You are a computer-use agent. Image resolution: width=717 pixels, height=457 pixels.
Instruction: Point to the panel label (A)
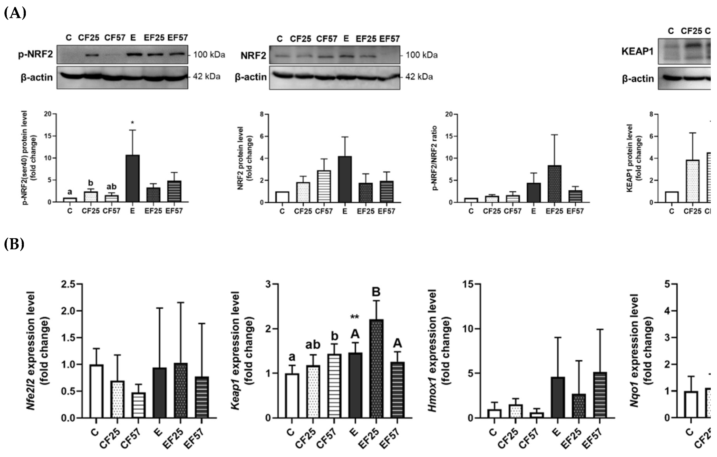click(15, 13)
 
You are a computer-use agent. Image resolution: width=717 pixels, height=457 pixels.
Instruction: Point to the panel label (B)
click(14, 244)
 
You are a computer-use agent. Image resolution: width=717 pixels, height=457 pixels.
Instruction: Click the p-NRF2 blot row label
click(35, 55)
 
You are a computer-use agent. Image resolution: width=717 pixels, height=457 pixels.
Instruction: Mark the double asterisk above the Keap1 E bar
click(354, 317)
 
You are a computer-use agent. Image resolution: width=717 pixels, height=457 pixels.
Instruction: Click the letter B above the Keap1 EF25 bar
click(376, 292)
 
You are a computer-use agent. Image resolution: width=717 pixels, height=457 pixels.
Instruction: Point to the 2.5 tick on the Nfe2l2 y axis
click(68, 284)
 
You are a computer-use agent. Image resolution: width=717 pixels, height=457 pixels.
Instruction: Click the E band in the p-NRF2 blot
click(133, 55)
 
